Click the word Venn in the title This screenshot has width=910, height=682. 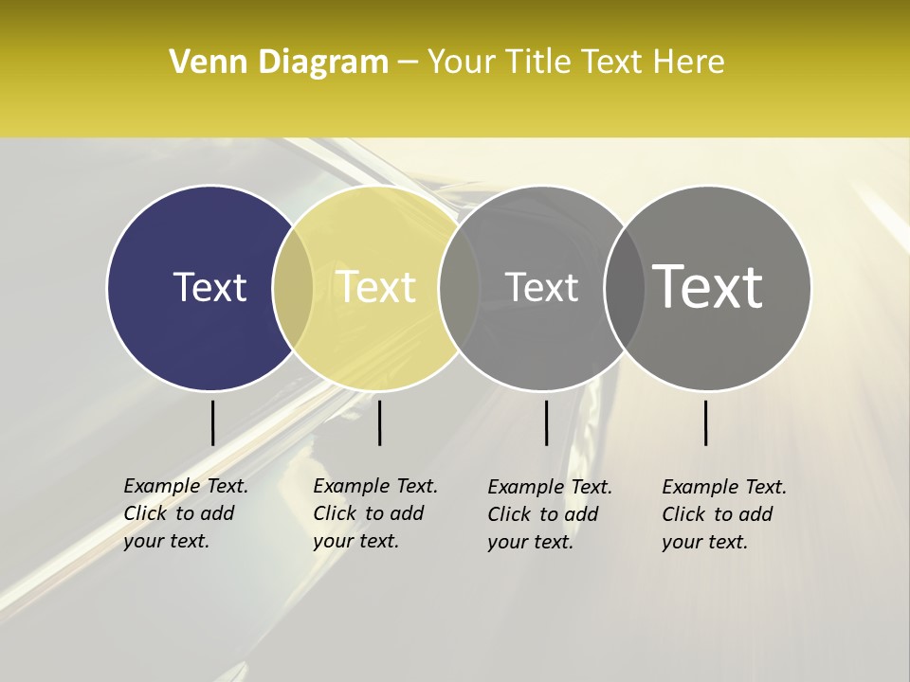[x=208, y=63]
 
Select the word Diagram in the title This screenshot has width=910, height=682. [x=322, y=63]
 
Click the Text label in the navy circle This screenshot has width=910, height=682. [x=209, y=287]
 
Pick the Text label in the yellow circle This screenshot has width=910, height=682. [x=376, y=287]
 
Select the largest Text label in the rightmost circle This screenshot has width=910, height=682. [x=708, y=286]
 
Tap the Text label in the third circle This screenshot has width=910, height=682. [x=541, y=287]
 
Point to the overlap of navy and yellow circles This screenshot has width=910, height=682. [x=293, y=287]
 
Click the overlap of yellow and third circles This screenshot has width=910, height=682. [x=459, y=287]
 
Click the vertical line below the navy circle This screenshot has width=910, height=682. [x=212, y=422]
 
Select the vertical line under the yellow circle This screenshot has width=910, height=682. [x=379, y=422]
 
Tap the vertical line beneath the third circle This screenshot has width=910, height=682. [x=546, y=422]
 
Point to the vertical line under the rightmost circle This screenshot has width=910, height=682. [x=705, y=422]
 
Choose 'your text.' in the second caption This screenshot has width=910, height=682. [x=355, y=541]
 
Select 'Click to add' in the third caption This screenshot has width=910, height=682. [x=543, y=514]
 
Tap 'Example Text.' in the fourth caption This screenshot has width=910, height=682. [x=724, y=487]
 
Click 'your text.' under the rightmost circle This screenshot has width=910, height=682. [x=704, y=542]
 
